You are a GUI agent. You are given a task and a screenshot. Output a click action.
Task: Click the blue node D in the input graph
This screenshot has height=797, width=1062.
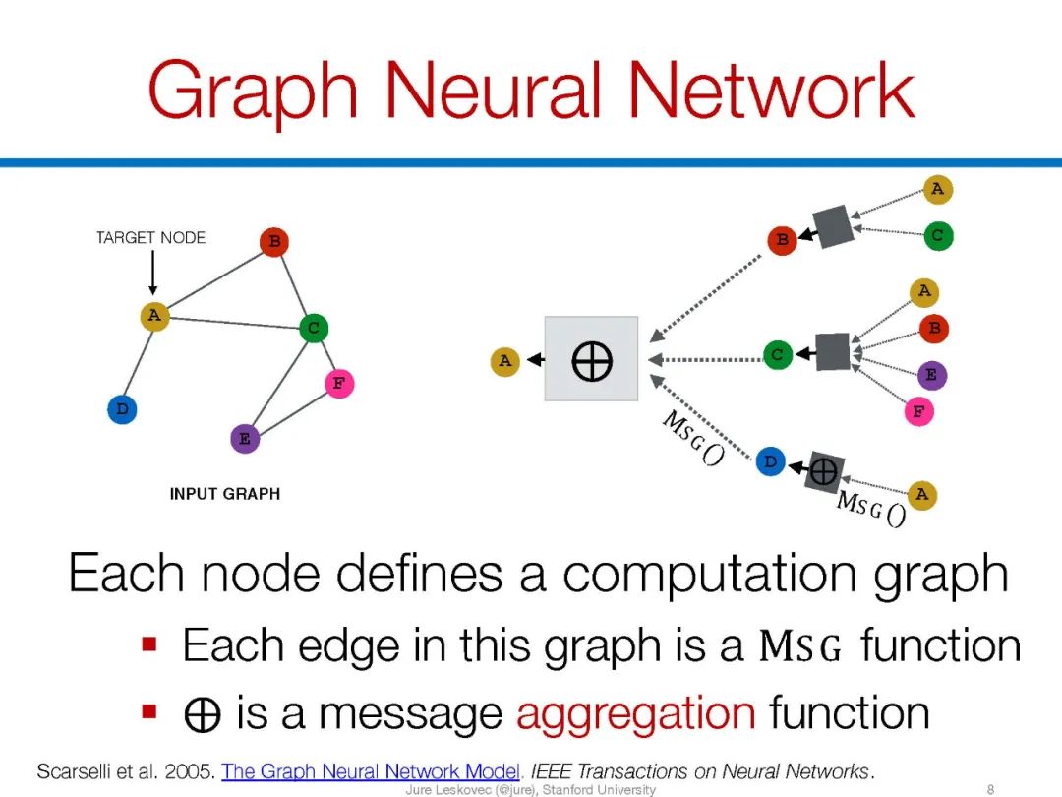point(122,409)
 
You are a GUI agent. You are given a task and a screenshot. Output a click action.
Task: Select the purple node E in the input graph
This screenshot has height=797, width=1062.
point(245,439)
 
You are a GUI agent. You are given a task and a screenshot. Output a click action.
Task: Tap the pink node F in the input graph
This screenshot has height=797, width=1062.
point(338,384)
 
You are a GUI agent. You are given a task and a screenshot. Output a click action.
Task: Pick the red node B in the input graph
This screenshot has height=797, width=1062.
point(274,241)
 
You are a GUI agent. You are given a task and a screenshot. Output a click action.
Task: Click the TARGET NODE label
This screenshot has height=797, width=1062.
point(150,237)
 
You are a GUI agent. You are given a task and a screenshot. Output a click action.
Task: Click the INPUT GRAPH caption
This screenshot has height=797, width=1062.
point(225,494)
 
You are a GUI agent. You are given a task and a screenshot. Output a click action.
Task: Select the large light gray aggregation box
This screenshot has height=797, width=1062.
point(591,359)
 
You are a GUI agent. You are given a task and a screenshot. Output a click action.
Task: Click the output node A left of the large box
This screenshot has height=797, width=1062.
point(504,361)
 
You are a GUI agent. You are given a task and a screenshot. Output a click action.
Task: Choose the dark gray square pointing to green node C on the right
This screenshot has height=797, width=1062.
point(832,352)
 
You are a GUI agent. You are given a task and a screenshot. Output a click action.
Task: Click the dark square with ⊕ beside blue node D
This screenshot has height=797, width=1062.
point(823,473)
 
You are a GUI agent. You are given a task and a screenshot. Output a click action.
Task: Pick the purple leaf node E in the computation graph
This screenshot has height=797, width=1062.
point(930,375)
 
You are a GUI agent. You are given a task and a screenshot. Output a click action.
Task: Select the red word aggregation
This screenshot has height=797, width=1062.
point(635,711)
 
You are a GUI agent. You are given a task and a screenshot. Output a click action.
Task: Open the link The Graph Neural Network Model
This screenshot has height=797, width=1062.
point(371,770)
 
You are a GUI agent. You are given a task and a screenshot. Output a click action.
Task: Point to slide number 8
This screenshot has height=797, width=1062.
point(990,789)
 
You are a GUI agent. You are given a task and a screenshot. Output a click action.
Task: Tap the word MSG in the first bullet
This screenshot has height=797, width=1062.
point(800,647)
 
